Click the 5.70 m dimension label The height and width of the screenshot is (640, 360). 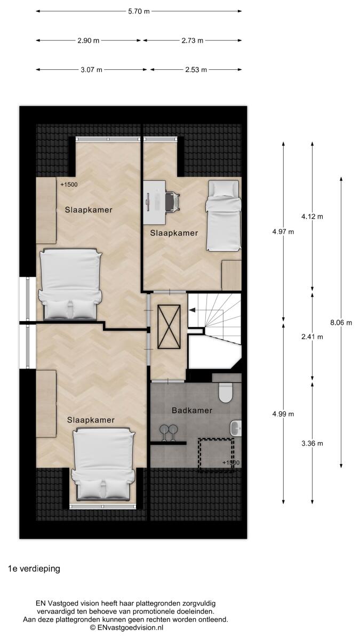coord(139,11)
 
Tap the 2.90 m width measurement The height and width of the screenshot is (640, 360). coord(89,41)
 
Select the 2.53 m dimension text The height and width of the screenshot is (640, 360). coord(196,70)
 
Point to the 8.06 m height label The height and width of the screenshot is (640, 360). coord(341,323)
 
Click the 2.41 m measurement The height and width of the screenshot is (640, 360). coord(313,337)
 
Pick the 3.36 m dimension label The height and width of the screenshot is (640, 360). coord(313,443)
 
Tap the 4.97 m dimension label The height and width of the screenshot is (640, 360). coord(283,231)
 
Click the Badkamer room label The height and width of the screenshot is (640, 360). coord(192,411)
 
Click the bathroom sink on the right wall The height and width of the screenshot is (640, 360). coord(236,428)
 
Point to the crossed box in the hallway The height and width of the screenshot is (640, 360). coord(169,327)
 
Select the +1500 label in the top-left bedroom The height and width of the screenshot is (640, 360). coord(69,185)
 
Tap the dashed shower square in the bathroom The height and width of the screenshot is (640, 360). coord(217,454)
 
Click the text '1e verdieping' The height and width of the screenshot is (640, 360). coord(34,569)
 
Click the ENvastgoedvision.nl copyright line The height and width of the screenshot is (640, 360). coord(126,628)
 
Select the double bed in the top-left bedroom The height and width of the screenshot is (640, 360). coord(70,284)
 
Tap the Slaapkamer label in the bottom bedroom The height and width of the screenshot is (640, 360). coord(91,420)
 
